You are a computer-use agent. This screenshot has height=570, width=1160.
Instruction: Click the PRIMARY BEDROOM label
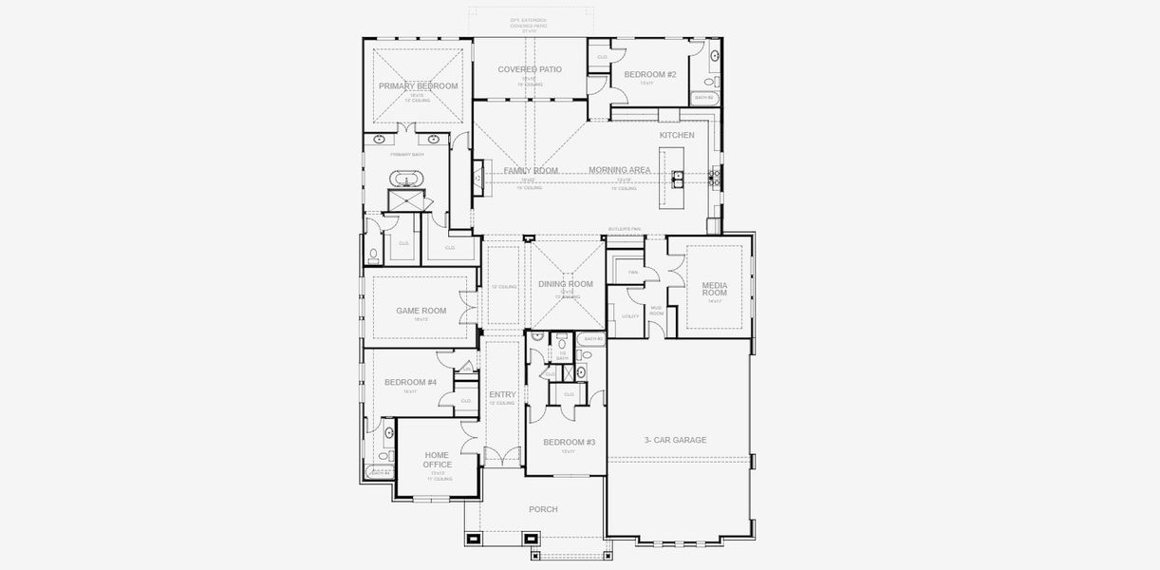418,86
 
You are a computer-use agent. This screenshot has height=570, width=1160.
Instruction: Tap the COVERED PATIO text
530,69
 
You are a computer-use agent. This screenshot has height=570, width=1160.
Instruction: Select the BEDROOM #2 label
649,74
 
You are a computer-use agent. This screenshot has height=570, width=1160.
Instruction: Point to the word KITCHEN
677,135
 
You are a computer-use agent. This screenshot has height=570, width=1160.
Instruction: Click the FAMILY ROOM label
531,171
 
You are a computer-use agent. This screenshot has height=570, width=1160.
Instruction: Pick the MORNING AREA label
619,170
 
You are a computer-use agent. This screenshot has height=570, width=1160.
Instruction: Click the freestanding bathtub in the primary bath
409,179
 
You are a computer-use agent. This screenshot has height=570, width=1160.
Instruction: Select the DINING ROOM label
565,284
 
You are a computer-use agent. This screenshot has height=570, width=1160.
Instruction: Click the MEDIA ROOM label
714,289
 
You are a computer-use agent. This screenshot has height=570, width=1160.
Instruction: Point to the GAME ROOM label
421,311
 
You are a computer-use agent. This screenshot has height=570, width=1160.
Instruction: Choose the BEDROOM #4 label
410,382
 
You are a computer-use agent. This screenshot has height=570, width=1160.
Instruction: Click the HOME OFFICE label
437,460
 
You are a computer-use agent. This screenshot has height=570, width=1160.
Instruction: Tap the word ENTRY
502,394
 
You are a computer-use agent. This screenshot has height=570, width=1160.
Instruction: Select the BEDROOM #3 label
569,442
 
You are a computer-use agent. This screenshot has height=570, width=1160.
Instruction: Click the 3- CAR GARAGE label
675,440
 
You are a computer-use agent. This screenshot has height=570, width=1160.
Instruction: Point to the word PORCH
543,510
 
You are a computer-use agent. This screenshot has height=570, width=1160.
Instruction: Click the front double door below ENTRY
502,457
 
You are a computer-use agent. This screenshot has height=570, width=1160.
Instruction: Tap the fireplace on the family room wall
477,178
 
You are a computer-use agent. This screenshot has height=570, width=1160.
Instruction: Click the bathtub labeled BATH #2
705,98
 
